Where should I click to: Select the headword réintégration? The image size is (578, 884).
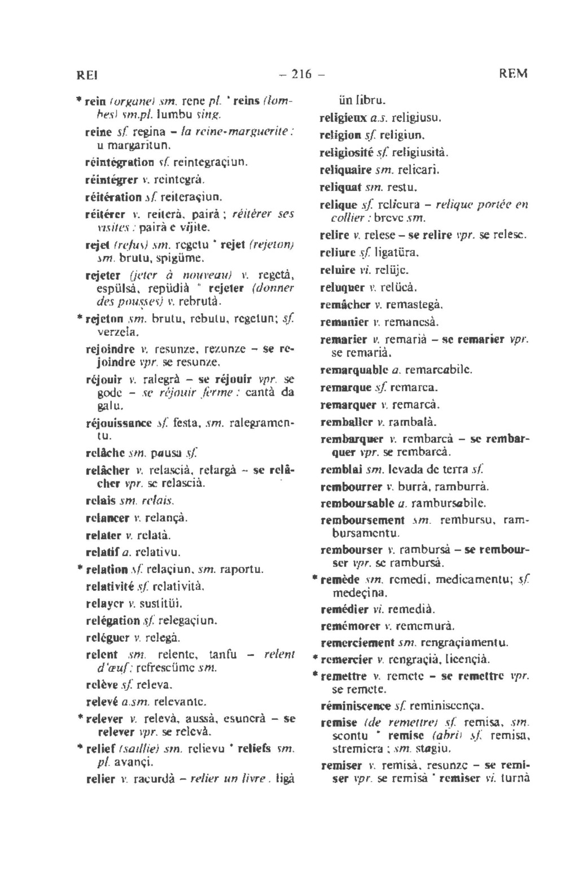pos(120,162)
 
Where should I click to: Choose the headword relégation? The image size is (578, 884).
pos(113,620)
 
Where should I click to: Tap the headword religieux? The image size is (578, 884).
pos(343,119)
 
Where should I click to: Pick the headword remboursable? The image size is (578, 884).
pos(354,502)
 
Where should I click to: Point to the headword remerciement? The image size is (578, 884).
pos(357,642)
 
